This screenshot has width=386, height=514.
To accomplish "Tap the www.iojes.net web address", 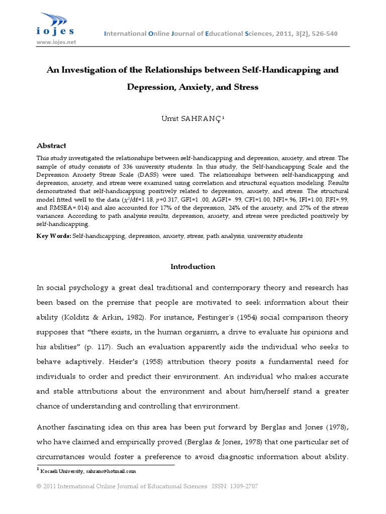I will coord(56,43).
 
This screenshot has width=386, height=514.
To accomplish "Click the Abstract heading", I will coord(51,146).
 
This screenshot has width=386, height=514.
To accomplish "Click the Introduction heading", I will coord(192,267).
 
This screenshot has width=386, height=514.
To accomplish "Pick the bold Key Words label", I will coord(54,235).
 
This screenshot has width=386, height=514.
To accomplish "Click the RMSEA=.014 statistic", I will coord(72,208).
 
